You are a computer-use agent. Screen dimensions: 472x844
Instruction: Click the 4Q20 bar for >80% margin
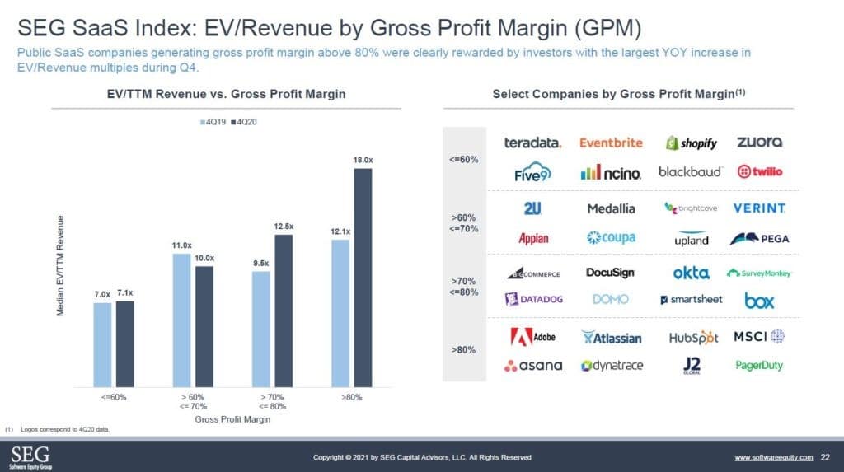(x=363, y=278)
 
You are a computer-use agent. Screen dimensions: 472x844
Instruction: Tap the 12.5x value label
(x=284, y=227)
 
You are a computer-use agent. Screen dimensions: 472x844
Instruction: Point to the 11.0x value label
(x=181, y=245)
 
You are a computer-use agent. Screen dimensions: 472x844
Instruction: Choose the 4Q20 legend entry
(x=245, y=122)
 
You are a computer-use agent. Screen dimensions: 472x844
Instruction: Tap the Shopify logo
(x=692, y=143)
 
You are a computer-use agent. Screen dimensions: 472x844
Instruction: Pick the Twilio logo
(x=761, y=171)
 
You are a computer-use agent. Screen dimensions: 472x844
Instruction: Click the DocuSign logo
(x=610, y=273)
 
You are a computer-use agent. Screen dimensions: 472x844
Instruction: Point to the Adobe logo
(x=533, y=337)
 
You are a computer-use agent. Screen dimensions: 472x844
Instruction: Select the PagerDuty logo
(x=759, y=365)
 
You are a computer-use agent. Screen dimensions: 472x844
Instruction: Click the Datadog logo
(x=535, y=299)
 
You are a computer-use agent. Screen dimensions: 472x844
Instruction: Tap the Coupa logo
(x=611, y=238)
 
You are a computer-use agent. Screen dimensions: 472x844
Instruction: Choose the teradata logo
(x=532, y=143)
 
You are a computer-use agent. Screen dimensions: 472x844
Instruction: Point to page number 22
(x=825, y=456)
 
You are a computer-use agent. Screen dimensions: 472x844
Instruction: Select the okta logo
(x=691, y=273)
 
